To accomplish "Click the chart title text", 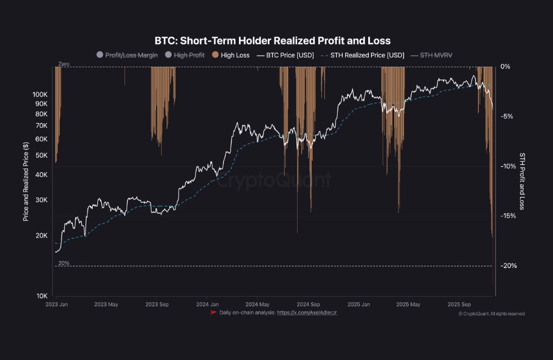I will [272, 41].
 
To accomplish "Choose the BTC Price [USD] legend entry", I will [285, 55].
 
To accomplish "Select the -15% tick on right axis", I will [508, 216].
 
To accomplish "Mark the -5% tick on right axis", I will [507, 116].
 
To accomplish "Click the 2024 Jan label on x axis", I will [207, 304].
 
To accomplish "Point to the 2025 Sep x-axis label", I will [461, 304].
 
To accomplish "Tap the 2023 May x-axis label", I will [106, 304].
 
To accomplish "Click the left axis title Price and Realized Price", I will [26, 181].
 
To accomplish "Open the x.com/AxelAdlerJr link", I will [307, 313].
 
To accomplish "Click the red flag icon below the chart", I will [214, 313].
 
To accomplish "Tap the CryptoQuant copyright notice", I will [491, 314].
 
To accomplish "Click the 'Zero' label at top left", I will [64, 64].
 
